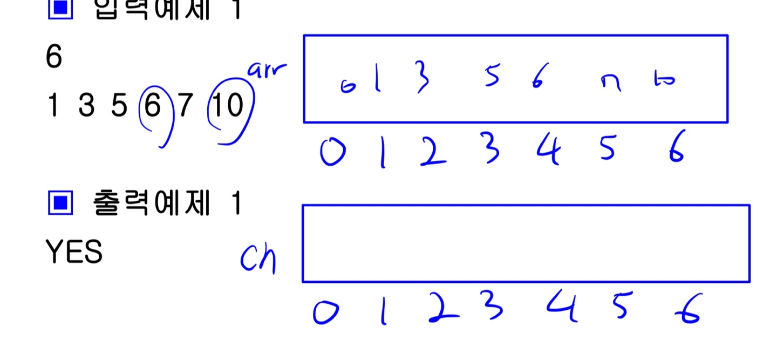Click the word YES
pos(74,252)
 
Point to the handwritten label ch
pos(258,260)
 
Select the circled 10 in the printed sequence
pos(227,106)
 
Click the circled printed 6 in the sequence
pos(153,106)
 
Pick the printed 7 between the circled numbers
pos(185,106)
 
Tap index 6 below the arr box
pos(674,150)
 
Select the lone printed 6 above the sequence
pos(54,57)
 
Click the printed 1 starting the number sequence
pos(52,106)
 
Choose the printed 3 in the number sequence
pos(86,106)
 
